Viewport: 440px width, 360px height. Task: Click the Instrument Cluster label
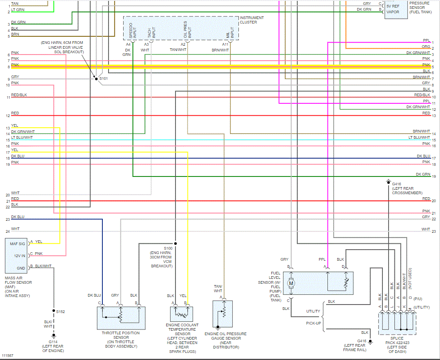tap(251, 20)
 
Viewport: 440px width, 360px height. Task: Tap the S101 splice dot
tap(96, 78)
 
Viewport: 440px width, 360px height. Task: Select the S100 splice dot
tap(175, 243)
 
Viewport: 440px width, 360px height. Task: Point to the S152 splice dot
tap(53, 311)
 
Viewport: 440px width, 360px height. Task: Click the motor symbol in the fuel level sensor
tap(291, 283)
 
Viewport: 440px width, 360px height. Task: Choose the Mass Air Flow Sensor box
tap(16, 255)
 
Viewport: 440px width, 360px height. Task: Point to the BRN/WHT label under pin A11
tap(220, 50)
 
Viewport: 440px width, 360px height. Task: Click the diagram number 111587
tap(8, 356)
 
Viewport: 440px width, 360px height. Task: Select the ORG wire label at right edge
tap(425, 47)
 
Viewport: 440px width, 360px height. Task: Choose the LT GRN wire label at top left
tap(18, 9)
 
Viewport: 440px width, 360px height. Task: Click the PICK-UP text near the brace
tap(313, 323)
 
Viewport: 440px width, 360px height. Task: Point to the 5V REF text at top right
tap(393, 6)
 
